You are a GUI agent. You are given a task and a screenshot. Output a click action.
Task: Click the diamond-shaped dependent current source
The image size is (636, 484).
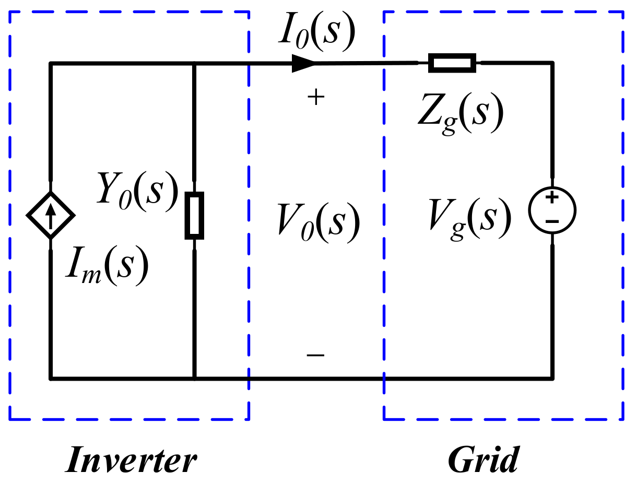51,215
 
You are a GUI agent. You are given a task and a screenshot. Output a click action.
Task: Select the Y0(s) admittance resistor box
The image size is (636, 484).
194,215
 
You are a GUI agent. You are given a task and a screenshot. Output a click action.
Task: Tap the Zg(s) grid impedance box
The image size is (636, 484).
452,63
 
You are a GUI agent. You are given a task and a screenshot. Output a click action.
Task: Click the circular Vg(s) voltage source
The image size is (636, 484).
552,210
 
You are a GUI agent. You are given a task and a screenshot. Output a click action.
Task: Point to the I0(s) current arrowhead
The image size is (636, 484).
303,63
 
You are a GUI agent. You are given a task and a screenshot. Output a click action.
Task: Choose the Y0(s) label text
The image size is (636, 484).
137,191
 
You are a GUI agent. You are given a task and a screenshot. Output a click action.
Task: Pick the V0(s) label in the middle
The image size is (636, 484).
319,221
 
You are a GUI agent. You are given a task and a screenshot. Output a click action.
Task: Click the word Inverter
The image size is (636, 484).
131,460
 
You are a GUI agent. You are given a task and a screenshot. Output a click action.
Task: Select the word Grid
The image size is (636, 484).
484,460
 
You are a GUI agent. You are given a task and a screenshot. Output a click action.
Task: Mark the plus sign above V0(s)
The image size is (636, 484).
315,98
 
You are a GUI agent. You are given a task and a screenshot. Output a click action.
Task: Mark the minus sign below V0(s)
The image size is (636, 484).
315,355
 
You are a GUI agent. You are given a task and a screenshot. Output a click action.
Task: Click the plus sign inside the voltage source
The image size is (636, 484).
552,198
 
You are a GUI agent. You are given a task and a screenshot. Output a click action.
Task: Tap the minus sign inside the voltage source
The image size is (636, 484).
552,221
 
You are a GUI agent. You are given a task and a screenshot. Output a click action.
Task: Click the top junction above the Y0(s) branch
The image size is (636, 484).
194,63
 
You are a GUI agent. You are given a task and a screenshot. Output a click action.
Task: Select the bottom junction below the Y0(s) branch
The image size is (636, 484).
194,377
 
